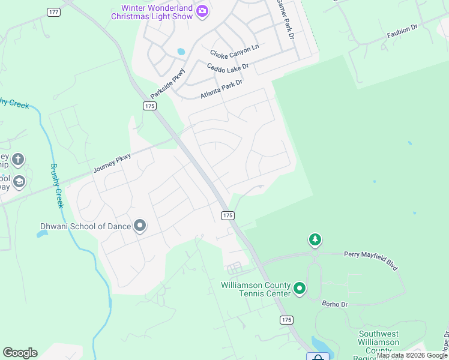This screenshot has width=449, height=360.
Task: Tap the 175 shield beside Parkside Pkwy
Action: point(149,106)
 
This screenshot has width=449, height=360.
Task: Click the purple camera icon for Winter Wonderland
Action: point(203,11)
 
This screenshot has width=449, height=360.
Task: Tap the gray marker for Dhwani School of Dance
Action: point(140,226)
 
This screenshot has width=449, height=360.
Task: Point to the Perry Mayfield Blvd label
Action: point(370,260)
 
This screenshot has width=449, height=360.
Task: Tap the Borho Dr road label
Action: point(335,304)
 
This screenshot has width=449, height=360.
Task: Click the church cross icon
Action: point(18,160)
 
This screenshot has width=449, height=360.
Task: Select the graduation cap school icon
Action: point(19,182)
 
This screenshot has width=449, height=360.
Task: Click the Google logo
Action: point(20,353)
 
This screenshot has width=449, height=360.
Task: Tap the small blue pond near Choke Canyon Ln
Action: point(180,52)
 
